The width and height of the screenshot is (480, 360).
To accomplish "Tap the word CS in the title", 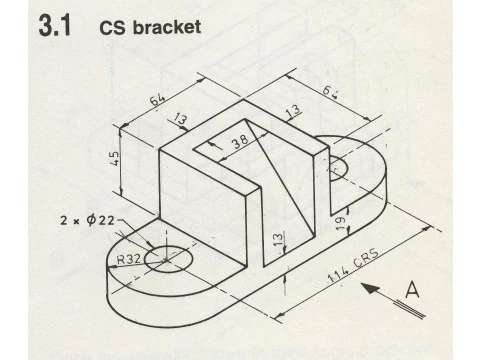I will tap(112, 27).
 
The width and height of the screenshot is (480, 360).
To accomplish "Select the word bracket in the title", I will tap(165, 27).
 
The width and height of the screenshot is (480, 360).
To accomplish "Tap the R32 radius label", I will tap(128, 259).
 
